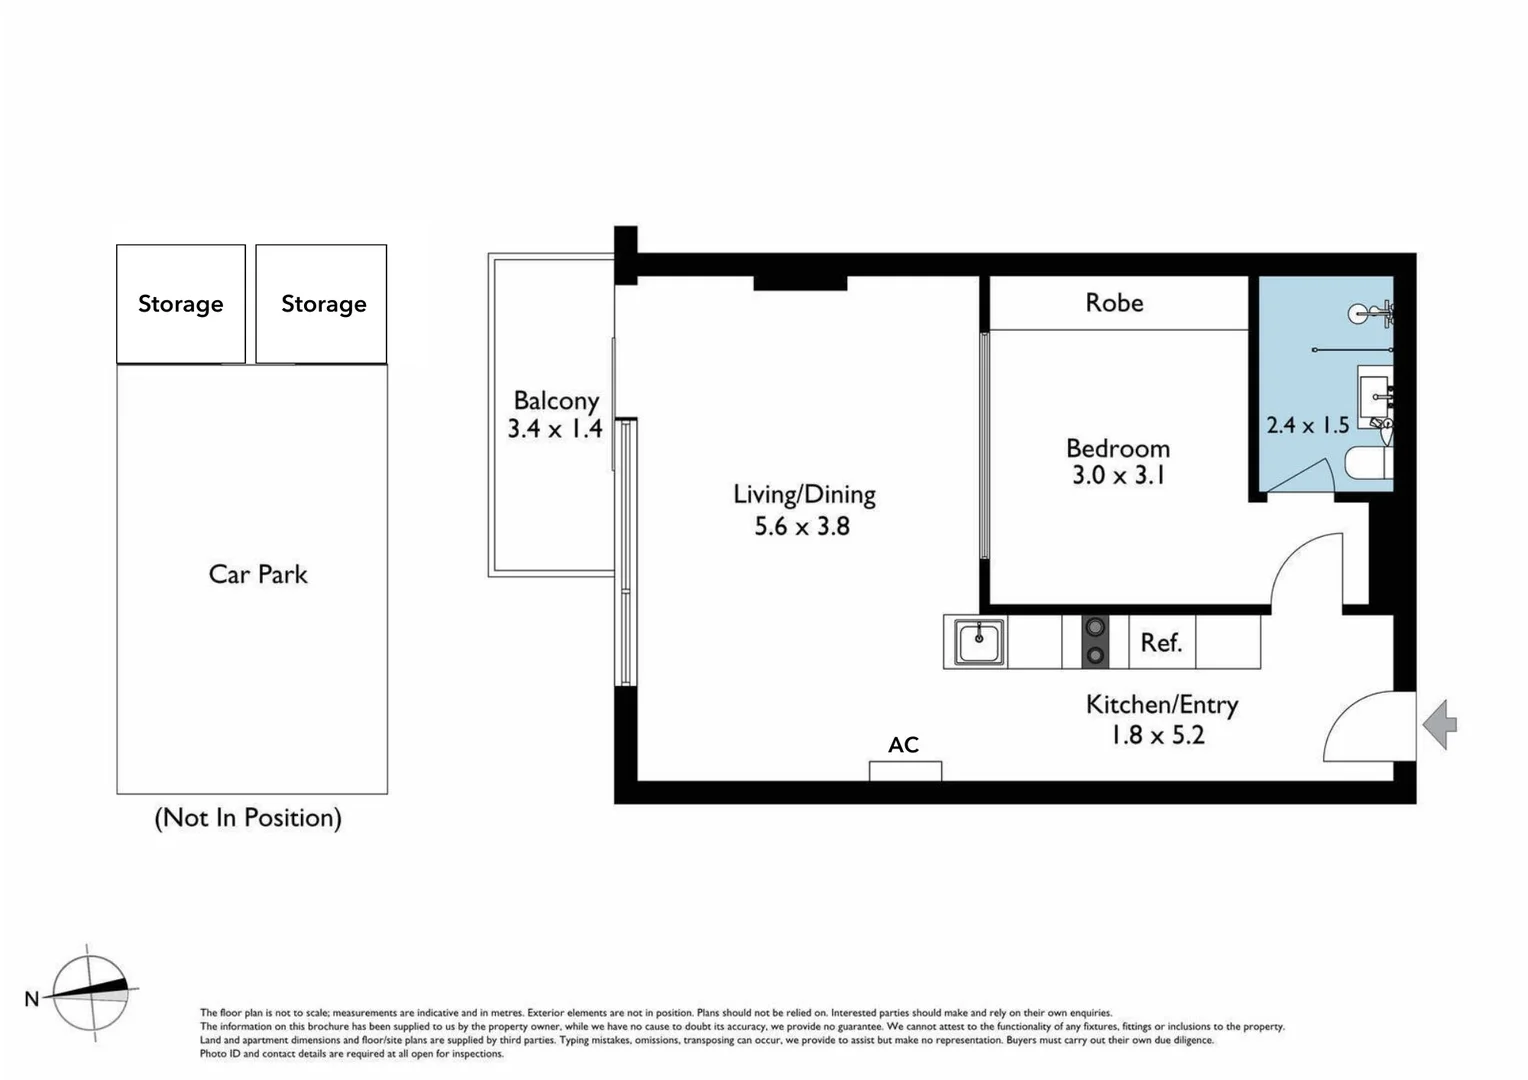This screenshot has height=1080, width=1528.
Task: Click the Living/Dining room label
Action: pyautogui.click(x=804, y=494)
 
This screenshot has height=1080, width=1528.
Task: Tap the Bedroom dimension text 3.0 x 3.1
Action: pyautogui.click(x=1118, y=475)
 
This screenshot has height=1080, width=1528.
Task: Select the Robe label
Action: pyautogui.click(x=1114, y=302)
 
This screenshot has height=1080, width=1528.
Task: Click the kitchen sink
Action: pyautogui.click(x=979, y=641)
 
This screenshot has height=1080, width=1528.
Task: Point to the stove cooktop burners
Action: pyautogui.click(x=1096, y=641)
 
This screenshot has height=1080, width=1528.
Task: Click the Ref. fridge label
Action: pyautogui.click(x=1161, y=642)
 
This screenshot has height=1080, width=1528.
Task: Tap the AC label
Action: pyautogui.click(x=903, y=744)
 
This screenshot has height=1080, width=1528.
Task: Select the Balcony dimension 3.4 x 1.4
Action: pyautogui.click(x=555, y=429)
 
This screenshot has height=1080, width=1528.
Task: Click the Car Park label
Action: pyautogui.click(x=258, y=574)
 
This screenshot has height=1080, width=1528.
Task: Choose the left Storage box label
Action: pyautogui.click(x=180, y=304)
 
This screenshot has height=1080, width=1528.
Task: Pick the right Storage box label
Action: pyautogui.click(x=323, y=304)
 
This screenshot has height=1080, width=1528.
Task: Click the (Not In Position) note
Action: pyautogui.click(x=248, y=818)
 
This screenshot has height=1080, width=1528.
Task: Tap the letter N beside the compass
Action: pyautogui.click(x=32, y=998)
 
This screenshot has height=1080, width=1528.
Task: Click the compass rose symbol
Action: pyautogui.click(x=91, y=992)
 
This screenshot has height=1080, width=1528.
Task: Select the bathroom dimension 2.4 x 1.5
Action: pyautogui.click(x=1307, y=425)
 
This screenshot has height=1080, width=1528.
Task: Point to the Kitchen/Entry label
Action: pyautogui.click(x=1162, y=705)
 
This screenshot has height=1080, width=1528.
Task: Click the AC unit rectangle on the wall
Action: pyautogui.click(x=905, y=771)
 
